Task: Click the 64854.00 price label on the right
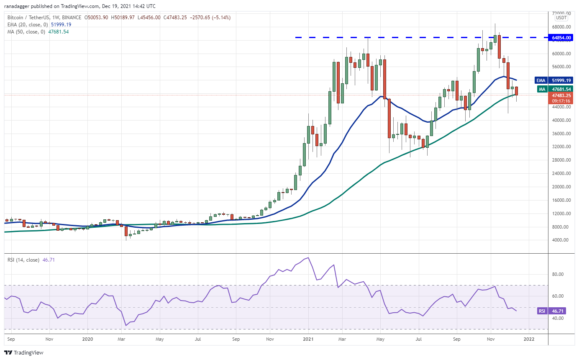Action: point(561,38)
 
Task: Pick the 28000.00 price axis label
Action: point(561,160)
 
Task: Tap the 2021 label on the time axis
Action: point(308,339)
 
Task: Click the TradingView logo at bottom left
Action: point(24,352)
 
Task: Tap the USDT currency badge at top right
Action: point(561,18)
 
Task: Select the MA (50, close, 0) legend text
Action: point(26,31)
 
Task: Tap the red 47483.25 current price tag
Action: point(561,95)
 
